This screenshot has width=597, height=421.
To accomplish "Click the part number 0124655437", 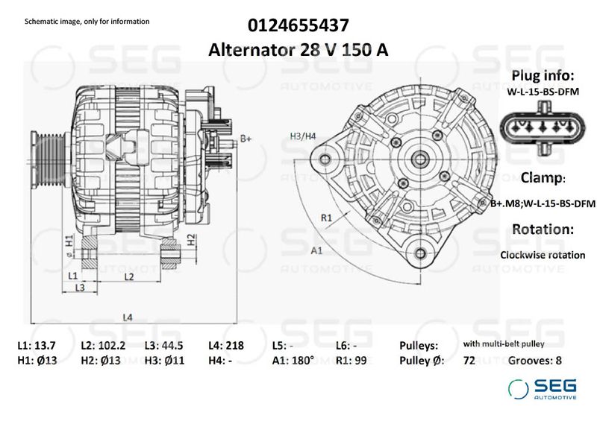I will (x=299, y=25).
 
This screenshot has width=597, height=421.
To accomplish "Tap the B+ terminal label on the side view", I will (x=246, y=139).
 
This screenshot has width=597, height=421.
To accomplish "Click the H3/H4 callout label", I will (x=303, y=135).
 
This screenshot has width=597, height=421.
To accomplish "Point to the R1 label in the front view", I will (x=326, y=218).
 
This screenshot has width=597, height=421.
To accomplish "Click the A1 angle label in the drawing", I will (x=316, y=250).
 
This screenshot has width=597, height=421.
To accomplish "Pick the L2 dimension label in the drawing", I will (x=128, y=276).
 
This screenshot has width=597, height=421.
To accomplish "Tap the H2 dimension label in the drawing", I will (x=191, y=239).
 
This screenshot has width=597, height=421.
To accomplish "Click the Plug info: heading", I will (x=542, y=76).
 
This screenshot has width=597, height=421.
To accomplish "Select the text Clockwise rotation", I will (x=543, y=255).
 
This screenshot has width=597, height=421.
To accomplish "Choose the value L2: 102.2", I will (x=103, y=346).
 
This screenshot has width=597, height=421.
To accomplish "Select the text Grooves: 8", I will (x=534, y=361).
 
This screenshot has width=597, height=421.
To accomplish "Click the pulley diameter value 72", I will (x=469, y=361).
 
